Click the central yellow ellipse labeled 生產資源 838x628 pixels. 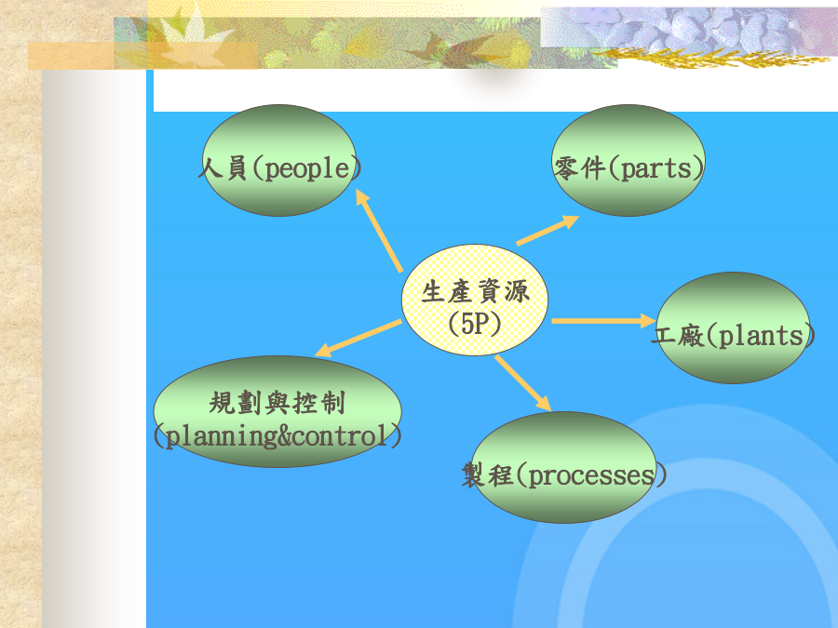(475, 301)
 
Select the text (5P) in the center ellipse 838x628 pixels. (475, 324)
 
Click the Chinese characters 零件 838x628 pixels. (579, 168)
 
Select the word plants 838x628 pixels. (761, 337)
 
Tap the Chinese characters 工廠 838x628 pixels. (678, 336)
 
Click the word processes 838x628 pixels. (591, 475)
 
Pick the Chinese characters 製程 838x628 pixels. (487, 474)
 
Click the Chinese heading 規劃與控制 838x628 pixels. (277, 403)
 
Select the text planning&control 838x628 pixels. (277, 436)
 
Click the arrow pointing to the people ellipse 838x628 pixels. (379, 230)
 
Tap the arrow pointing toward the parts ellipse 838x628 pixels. (547, 230)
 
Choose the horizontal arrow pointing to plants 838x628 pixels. (604, 321)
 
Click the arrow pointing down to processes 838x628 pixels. (522, 383)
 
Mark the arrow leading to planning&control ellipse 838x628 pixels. (358, 338)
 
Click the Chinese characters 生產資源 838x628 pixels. (475, 291)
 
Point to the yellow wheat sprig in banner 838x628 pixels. (710, 58)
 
